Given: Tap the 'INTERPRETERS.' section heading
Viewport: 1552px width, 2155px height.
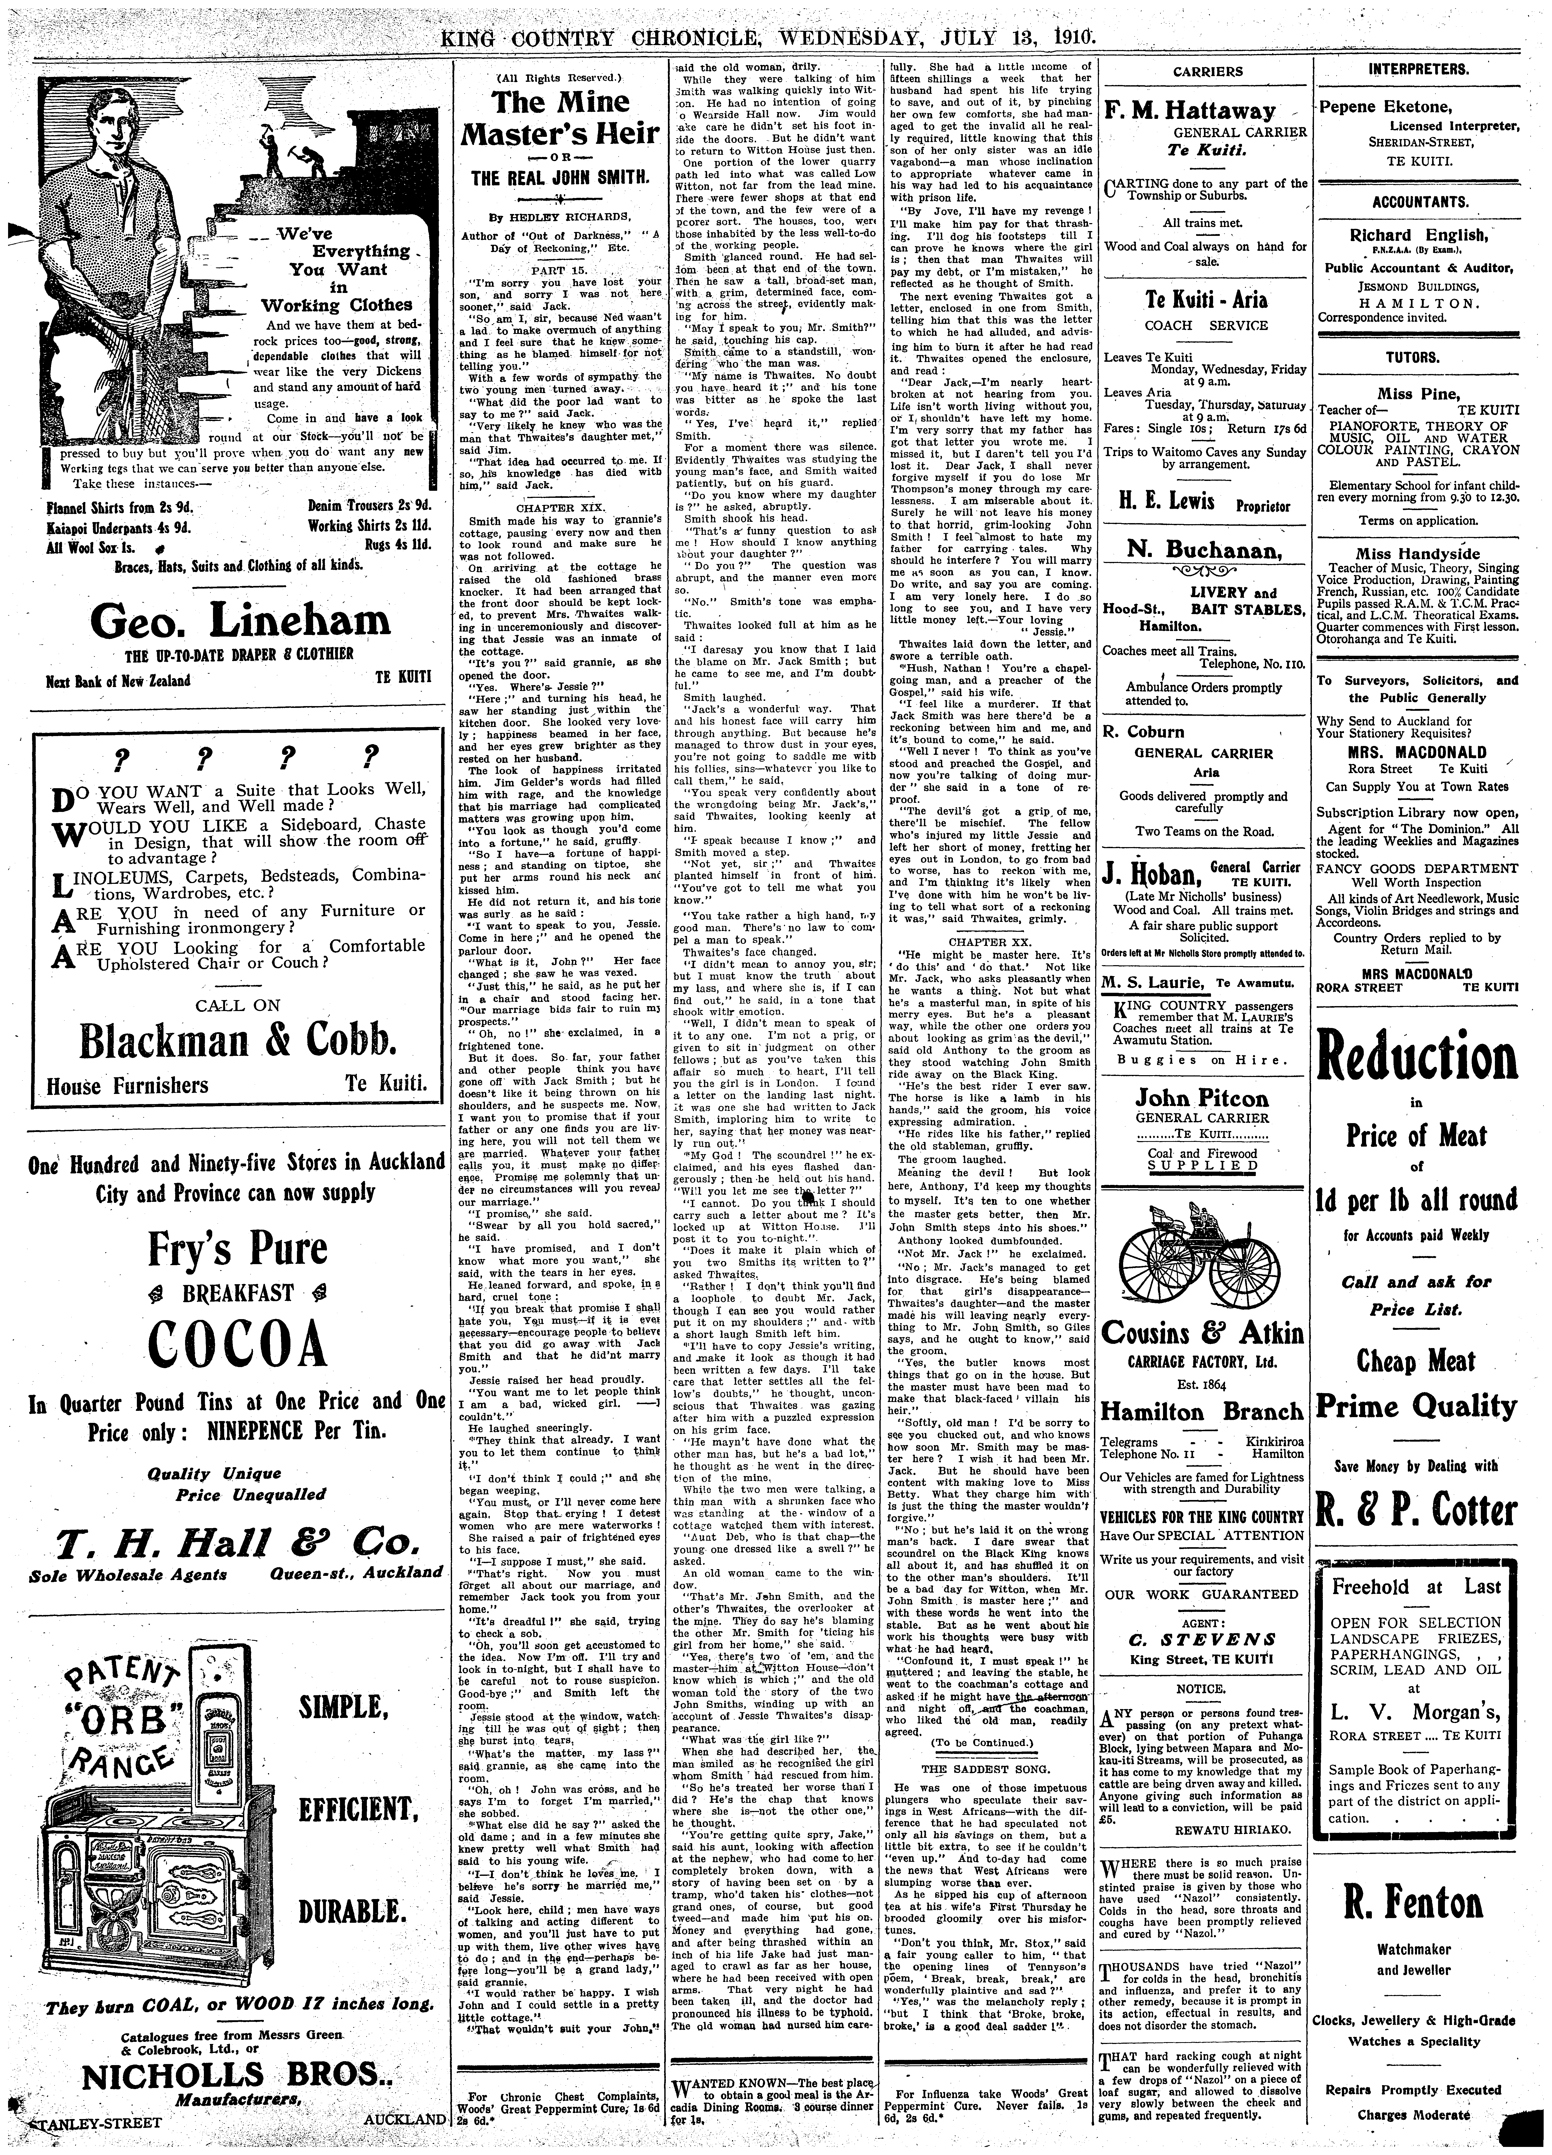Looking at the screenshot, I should pos(1417,69).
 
